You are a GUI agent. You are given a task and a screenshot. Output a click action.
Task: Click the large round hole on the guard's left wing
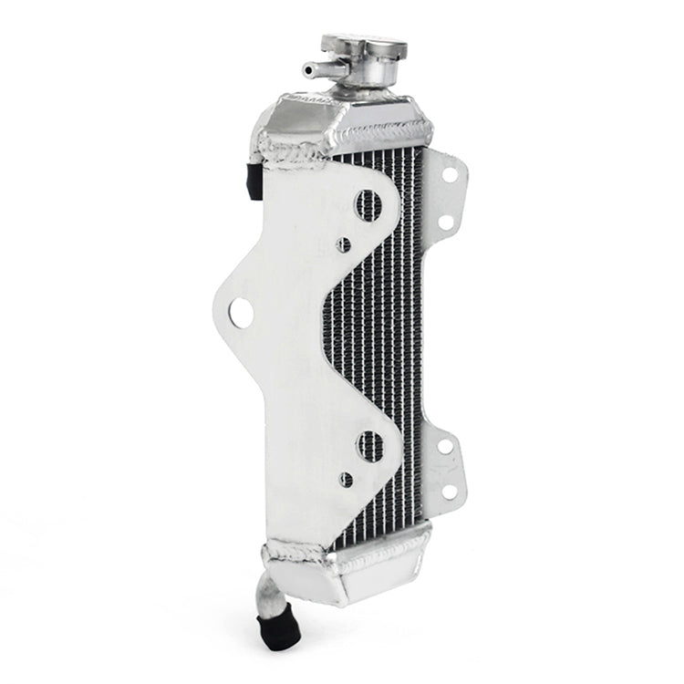[241, 313]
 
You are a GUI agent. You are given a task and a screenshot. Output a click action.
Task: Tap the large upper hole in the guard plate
[369, 204]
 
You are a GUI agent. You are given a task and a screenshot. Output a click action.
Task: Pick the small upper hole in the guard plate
[344, 244]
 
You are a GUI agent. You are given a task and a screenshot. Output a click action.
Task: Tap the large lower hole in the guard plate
[370, 445]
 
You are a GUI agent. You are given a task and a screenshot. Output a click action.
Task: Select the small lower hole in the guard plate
[345, 478]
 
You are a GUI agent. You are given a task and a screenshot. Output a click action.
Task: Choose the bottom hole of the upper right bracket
[446, 222]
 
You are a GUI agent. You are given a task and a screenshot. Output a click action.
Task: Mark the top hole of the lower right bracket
[446, 447]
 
